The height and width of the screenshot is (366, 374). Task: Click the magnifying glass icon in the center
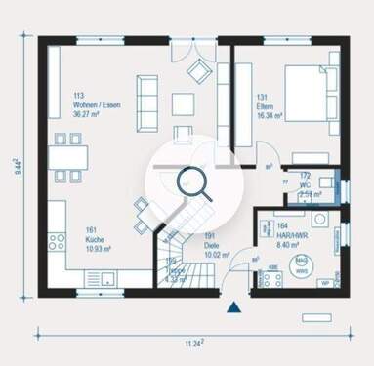click(x=188, y=183)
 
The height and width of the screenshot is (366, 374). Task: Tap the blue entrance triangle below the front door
click(x=233, y=309)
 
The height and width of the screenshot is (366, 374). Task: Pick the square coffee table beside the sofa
click(x=183, y=103)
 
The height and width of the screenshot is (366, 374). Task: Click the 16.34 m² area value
click(x=270, y=114)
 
